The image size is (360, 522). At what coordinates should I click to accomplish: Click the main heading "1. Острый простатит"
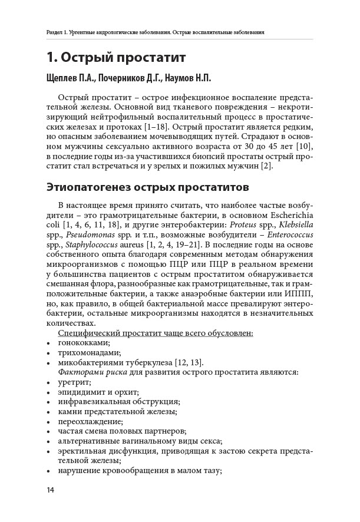click(x=116, y=58)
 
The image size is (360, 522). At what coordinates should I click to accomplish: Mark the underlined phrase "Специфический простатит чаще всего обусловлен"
click(x=156, y=333)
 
